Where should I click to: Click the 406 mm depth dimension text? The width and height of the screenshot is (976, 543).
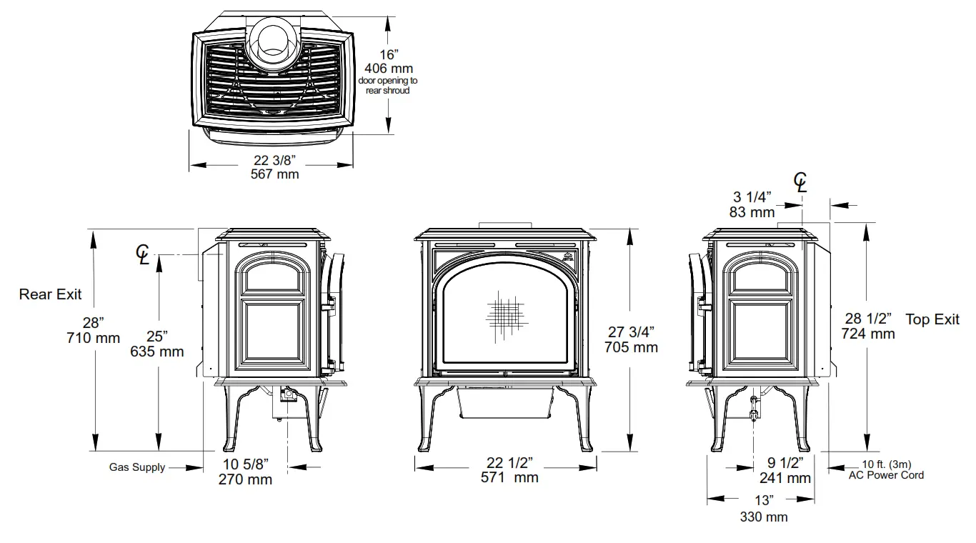click(389, 69)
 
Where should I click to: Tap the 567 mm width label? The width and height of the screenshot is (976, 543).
click(275, 174)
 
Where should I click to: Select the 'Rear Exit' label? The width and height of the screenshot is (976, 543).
click(50, 294)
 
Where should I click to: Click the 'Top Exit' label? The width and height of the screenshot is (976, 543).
click(932, 319)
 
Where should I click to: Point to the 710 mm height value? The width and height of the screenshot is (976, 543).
click(94, 338)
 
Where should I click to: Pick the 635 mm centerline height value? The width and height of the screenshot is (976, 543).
click(157, 352)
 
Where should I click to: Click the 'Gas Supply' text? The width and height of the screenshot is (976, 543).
click(137, 467)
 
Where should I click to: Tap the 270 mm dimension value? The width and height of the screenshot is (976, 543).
click(245, 479)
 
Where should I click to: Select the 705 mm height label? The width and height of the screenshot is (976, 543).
click(631, 348)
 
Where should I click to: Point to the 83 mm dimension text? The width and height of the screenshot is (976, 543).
click(752, 212)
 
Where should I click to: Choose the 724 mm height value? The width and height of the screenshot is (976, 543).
click(868, 334)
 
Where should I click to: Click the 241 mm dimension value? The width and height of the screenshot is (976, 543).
click(785, 478)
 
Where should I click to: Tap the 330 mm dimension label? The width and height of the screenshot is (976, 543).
click(764, 517)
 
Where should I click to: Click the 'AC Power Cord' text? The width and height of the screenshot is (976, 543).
click(886, 475)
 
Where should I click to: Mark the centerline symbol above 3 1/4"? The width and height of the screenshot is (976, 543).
click(801, 183)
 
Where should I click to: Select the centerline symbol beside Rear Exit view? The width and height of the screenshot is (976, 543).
click(144, 254)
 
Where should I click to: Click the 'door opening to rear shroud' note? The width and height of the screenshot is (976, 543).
click(388, 86)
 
